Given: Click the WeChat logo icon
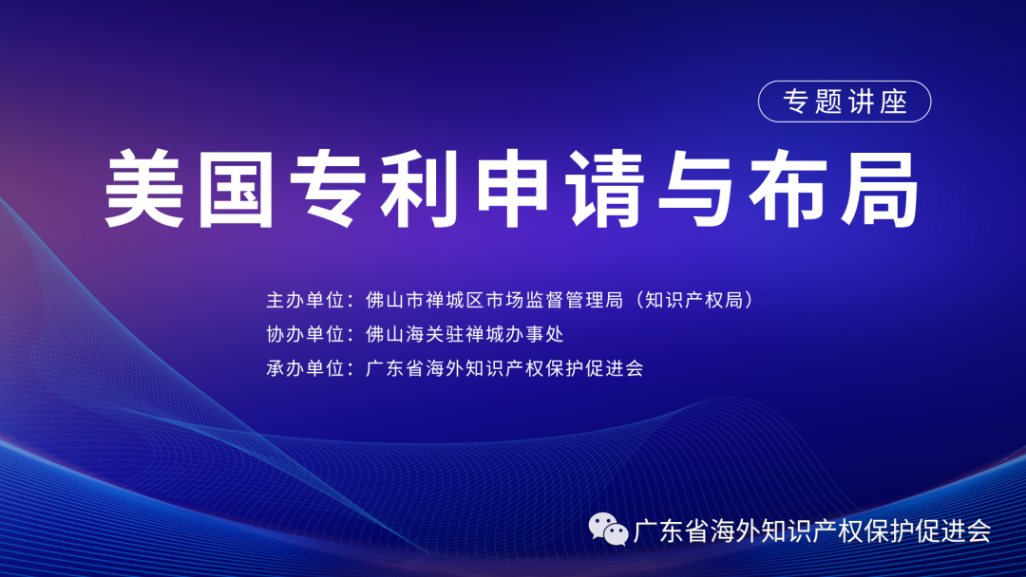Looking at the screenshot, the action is (x=608, y=530).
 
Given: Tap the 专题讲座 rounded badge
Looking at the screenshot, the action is (x=845, y=102).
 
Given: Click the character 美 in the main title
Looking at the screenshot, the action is (x=144, y=189).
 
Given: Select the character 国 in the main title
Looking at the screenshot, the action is (x=237, y=189).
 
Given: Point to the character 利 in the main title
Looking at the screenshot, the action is (x=420, y=189).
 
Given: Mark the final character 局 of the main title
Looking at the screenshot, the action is (x=880, y=189).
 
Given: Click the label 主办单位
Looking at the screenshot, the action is (x=305, y=300).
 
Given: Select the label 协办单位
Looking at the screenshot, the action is (x=305, y=334).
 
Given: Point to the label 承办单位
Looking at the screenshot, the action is (x=305, y=368).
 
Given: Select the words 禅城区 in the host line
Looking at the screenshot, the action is (x=455, y=300).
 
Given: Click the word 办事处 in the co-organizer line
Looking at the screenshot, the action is (x=534, y=334).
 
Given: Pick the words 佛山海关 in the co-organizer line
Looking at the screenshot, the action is (x=405, y=334).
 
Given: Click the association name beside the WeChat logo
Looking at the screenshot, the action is (x=812, y=530).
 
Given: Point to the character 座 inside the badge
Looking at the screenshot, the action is (x=894, y=102).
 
